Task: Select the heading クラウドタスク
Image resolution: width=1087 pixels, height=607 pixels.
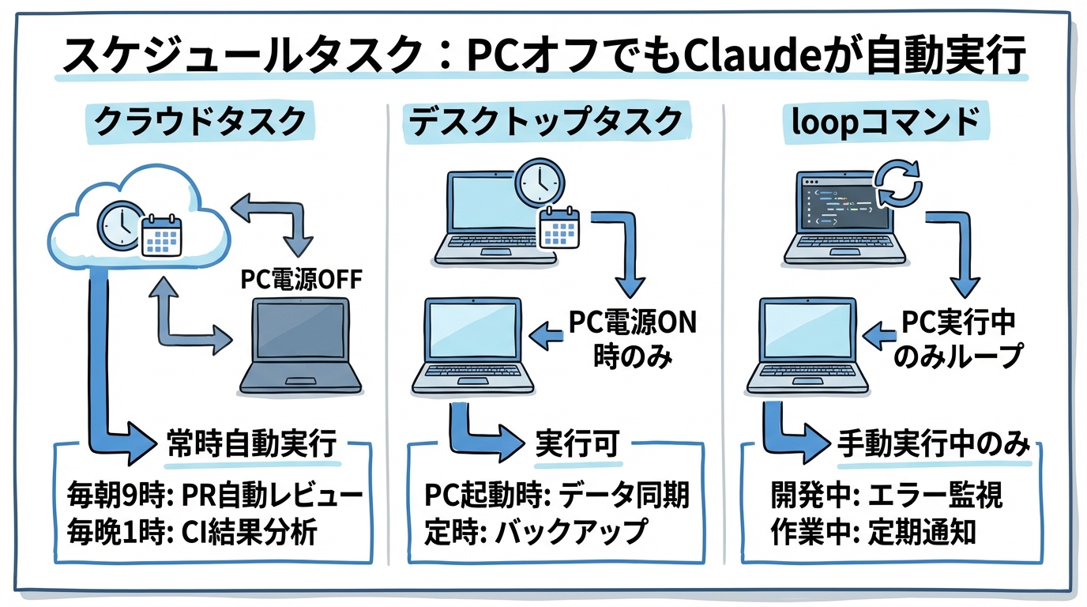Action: [x=200, y=122]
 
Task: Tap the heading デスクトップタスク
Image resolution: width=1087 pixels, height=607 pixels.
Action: [x=545, y=122]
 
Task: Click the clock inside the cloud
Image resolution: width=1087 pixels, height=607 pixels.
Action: [x=120, y=224]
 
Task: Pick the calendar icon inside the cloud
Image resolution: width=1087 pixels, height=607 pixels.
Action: [x=162, y=236]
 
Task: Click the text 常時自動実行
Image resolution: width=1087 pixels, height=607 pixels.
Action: [x=253, y=444]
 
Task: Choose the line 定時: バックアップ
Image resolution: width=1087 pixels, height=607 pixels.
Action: [x=536, y=532]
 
